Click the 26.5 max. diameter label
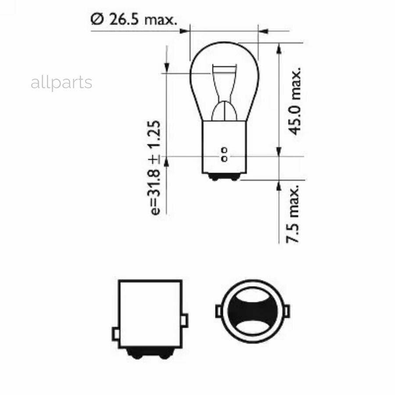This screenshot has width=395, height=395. pos(133,20)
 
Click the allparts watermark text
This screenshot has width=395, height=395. pos(61,83)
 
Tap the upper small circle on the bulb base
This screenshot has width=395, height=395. pos(224,151)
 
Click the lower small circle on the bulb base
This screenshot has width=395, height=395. pos(224,158)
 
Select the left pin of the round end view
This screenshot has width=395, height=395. pos(218,311)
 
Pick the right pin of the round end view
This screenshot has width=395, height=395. pos(287,311)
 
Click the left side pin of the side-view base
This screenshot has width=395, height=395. pos(116,334)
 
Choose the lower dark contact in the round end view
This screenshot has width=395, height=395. pos(252,325)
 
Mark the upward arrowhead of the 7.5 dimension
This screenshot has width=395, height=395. pos(279,185)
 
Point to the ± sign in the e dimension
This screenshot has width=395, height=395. pos(155,159)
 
